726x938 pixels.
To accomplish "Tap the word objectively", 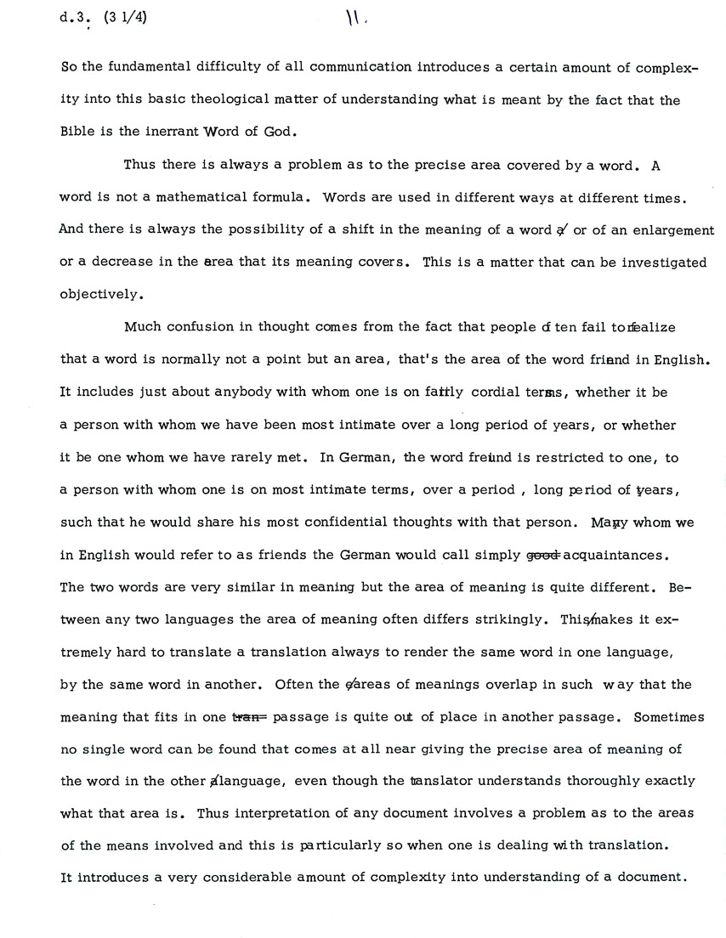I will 100,295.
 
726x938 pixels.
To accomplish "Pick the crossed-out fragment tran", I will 247,716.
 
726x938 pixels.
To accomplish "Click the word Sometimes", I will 673,716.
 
